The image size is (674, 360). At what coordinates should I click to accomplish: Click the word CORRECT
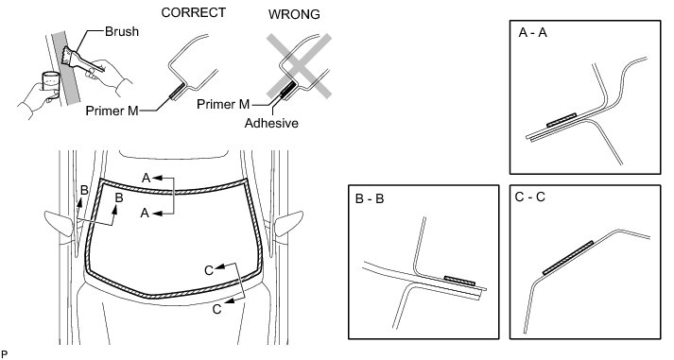(194, 12)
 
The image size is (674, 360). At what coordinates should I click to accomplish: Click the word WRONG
(294, 14)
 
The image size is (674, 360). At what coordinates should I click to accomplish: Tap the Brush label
(122, 31)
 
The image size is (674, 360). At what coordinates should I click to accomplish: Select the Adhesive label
(271, 123)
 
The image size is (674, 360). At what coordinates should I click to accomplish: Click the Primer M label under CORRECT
(112, 111)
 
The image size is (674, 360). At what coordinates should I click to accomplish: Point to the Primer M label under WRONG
(223, 104)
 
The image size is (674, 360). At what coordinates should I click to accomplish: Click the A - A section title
(533, 33)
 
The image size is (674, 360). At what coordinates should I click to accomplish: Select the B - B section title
(370, 199)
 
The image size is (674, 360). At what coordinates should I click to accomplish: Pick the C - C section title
(530, 197)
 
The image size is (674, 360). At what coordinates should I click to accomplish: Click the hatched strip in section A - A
(562, 120)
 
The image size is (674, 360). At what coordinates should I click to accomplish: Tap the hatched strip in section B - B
(459, 280)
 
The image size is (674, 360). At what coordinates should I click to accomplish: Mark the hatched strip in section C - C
(568, 258)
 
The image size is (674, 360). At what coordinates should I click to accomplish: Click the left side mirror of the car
(59, 223)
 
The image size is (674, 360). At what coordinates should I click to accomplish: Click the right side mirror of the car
(288, 223)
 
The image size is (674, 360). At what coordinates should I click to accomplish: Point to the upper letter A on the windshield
(147, 178)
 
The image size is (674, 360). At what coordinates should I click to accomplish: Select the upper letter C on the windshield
(209, 270)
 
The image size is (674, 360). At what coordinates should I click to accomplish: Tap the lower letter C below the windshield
(217, 309)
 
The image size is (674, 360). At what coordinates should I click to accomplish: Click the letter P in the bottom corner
(5, 354)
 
